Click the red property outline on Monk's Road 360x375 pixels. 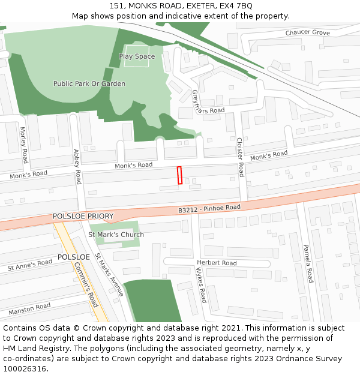(x=179, y=175)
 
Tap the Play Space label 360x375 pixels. (x=137, y=56)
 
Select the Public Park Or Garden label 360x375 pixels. (x=89, y=84)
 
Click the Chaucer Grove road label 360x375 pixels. (x=308, y=32)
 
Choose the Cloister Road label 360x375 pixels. (x=240, y=157)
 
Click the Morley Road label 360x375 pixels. (x=24, y=145)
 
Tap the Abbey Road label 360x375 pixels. (x=77, y=166)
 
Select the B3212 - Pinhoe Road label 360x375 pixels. (x=209, y=208)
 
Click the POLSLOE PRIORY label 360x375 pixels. (x=83, y=216)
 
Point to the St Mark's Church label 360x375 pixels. (x=116, y=235)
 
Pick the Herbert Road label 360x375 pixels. (x=217, y=263)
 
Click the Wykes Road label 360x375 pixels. (x=201, y=286)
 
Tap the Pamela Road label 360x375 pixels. (x=307, y=263)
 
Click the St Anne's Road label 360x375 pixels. (x=29, y=265)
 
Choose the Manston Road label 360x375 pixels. (x=29, y=310)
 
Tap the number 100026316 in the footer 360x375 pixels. (x=25, y=369)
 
